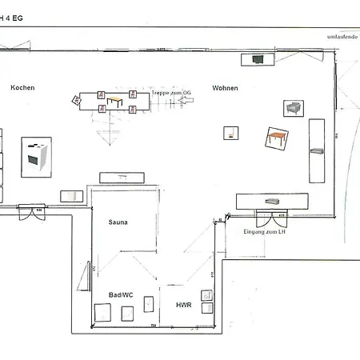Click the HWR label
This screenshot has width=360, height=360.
click(x=183, y=305)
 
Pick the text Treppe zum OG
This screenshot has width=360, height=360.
click(x=171, y=93)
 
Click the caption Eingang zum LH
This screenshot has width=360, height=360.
click(x=264, y=231)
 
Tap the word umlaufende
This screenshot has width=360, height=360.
click(x=342, y=38)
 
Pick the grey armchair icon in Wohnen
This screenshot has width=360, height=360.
click(x=293, y=108)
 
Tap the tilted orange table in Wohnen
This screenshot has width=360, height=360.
click(x=278, y=138)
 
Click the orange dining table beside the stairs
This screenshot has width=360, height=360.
click(x=115, y=102)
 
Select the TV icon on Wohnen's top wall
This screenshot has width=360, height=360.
click(x=258, y=59)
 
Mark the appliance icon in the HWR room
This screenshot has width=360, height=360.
click(x=207, y=306)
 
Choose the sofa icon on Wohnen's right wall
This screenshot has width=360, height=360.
click(x=316, y=150)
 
